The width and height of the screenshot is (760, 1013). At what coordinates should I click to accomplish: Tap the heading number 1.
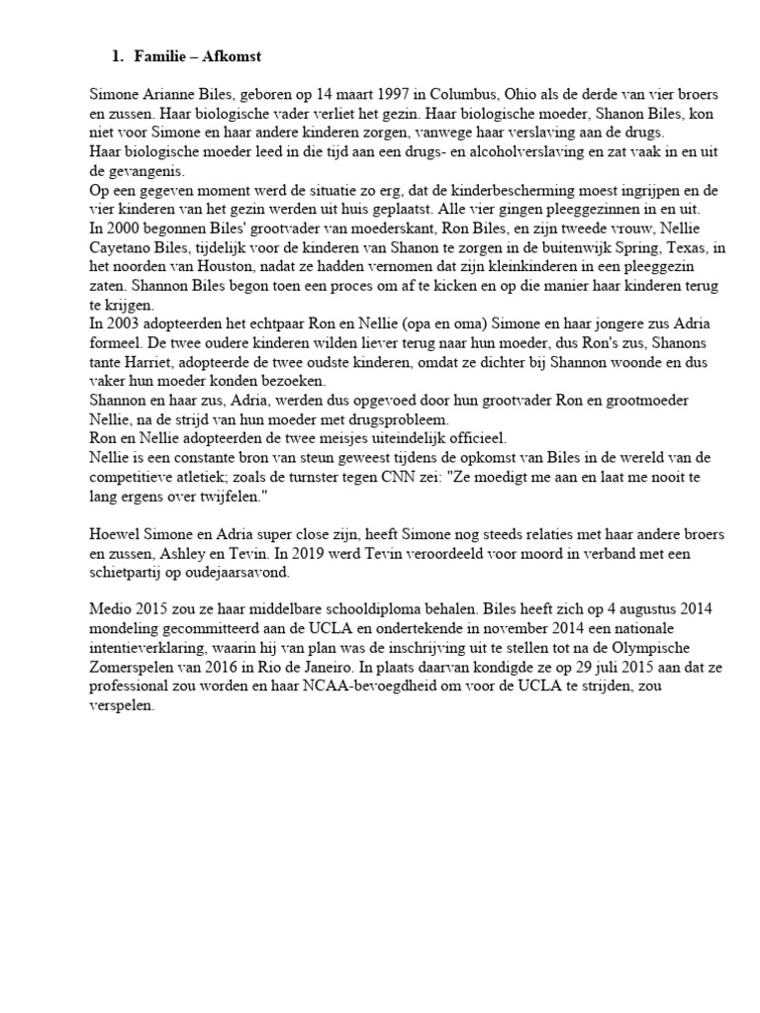[x=117, y=57]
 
